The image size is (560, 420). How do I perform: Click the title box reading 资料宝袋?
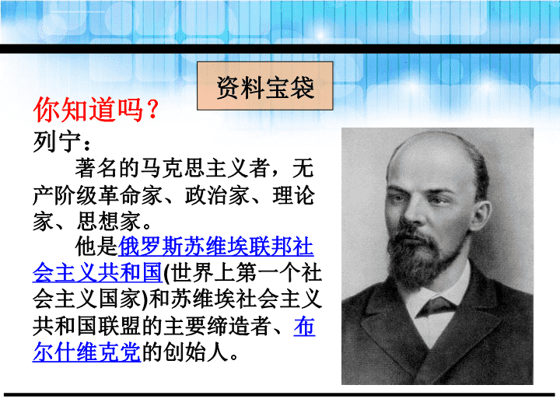click(x=265, y=86)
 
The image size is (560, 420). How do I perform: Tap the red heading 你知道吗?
click(x=89, y=110)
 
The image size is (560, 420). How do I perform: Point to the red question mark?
click(x=152, y=110)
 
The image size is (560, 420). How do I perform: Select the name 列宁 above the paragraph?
click(x=57, y=142)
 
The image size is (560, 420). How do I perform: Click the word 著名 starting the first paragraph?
click(x=96, y=168)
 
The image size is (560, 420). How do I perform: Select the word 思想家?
click(x=109, y=222)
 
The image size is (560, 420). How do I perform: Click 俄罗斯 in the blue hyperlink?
click(x=150, y=247)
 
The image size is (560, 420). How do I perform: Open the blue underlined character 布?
click(x=304, y=326)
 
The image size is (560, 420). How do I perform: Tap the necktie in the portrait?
click(x=436, y=306)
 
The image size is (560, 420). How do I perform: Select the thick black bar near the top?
click(x=280, y=48)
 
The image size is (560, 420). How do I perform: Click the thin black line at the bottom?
click(x=279, y=394)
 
